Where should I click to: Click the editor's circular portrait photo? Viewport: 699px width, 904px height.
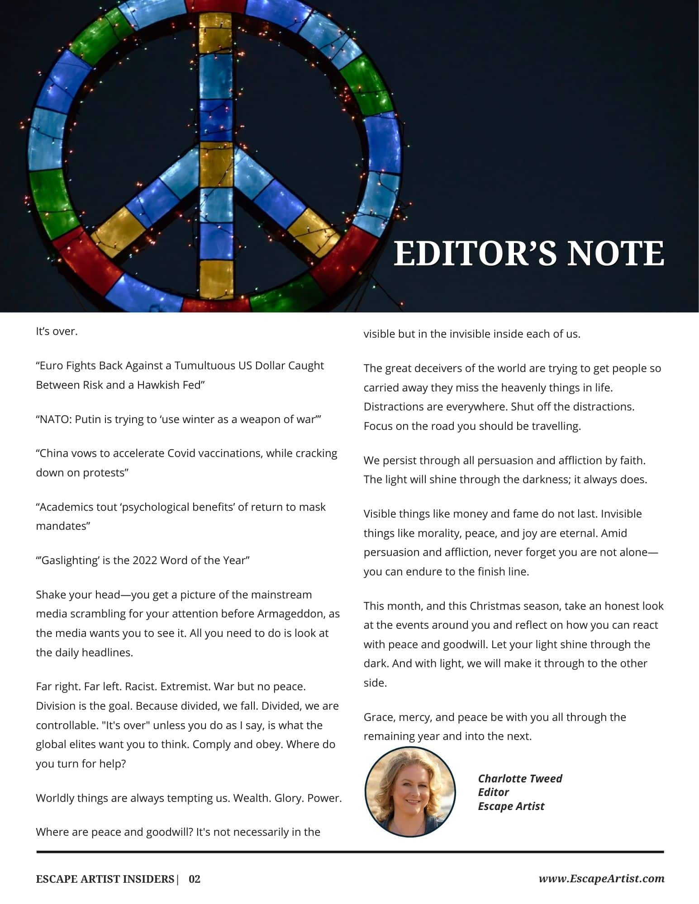pos(410,791)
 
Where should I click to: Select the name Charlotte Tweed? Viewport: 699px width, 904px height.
pos(520,778)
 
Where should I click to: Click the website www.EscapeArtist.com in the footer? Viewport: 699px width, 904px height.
pos(601,879)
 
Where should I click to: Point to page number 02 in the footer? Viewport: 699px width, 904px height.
pos(195,879)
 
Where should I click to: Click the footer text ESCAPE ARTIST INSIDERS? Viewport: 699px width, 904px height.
pos(105,879)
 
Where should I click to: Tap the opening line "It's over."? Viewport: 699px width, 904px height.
pos(57,331)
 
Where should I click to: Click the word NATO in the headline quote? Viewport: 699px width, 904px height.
pos(54,419)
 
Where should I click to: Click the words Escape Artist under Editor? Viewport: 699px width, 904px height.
pos(511,806)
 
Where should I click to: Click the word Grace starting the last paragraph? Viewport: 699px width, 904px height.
pos(379,717)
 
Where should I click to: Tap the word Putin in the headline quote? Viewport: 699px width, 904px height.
pos(88,419)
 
